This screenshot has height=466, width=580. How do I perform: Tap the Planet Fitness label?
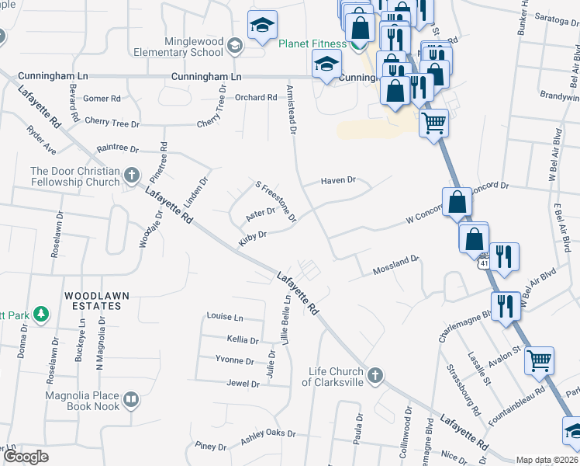point(312,43)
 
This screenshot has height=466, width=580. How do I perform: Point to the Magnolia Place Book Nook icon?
point(131,401)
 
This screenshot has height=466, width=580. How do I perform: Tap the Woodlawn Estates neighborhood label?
point(93,301)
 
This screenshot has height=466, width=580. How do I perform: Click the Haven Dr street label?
point(339,180)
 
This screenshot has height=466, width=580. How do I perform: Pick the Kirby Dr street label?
point(253,237)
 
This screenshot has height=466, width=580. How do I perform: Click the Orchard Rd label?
point(256,98)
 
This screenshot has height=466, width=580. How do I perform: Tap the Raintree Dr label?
point(117,148)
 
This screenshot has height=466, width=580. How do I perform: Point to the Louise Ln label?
point(225,318)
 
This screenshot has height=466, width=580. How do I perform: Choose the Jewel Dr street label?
point(243,384)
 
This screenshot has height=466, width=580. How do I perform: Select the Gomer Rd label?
point(102,99)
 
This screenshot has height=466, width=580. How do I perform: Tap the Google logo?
point(26,457)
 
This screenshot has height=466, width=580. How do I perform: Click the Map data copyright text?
point(546,460)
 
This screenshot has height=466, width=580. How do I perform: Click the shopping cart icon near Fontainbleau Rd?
point(539,360)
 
